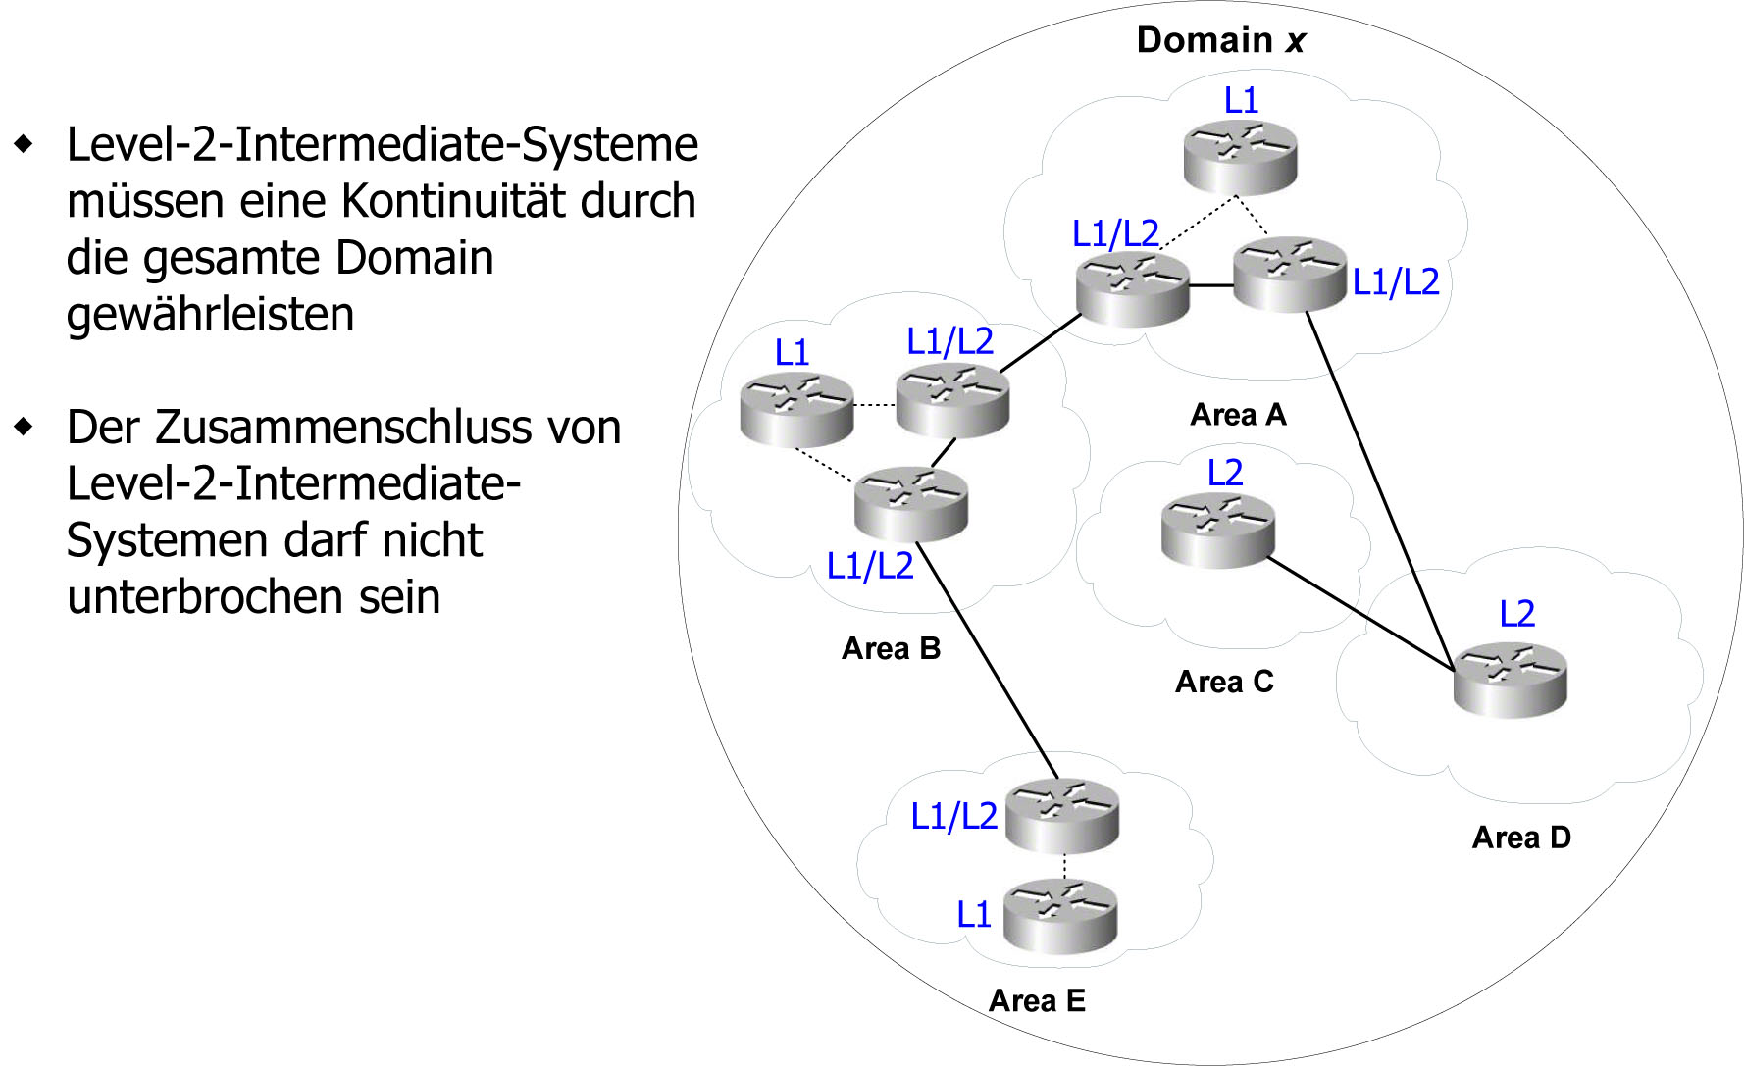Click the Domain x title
(x=1220, y=40)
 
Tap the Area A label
(x=1238, y=415)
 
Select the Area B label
(x=891, y=648)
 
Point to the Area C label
(x=1224, y=682)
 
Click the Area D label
(x=1521, y=838)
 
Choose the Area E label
(x=1037, y=1000)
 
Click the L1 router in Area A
(x=1240, y=156)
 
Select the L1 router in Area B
(x=796, y=409)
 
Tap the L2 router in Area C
(x=1217, y=531)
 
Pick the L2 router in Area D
(x=1510, y=680)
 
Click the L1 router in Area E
(x=1060, y=916)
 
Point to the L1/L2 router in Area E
(x=1061, y=815)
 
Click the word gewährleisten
(x=210, y=315)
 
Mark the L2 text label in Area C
(x=1225, y=473)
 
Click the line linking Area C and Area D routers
(x=1360, y=615)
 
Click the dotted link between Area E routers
(x=1064, y=866)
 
